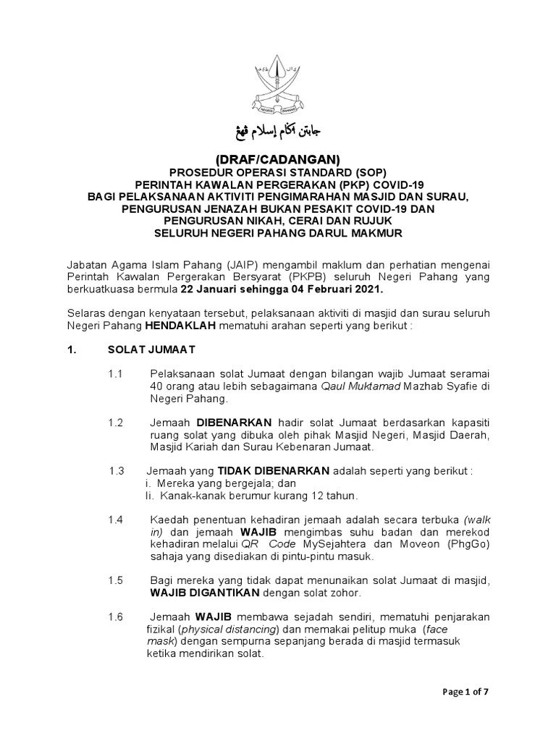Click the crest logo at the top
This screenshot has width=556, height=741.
tap(278, 85)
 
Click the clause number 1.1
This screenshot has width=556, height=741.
tap(116, 373)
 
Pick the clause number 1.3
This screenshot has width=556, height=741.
tap(117, 471)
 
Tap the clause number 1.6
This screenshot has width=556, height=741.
tap(116, 617)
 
